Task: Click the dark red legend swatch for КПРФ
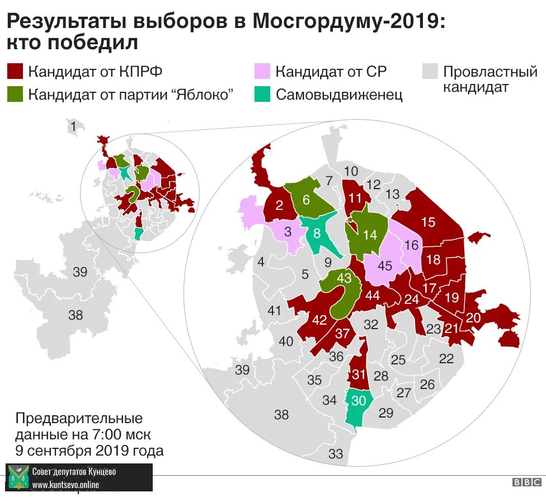point(15,72)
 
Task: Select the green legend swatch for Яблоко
point(15,94)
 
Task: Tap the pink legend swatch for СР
point(262,72)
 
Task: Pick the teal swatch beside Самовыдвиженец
point(262,94)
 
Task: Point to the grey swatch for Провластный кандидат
point(430,72)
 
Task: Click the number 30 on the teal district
point(358,401)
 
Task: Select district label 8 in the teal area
point(317,233)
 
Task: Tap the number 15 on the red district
point(428,222)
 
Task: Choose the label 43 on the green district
point(344,278)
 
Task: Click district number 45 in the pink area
point(384,266)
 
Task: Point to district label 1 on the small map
point(73,127)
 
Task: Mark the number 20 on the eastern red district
point(473,317)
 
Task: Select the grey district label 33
point(336,454)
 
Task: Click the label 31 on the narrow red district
point(359,374)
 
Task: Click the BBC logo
point(524,482)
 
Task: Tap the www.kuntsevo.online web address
point(65,484)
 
